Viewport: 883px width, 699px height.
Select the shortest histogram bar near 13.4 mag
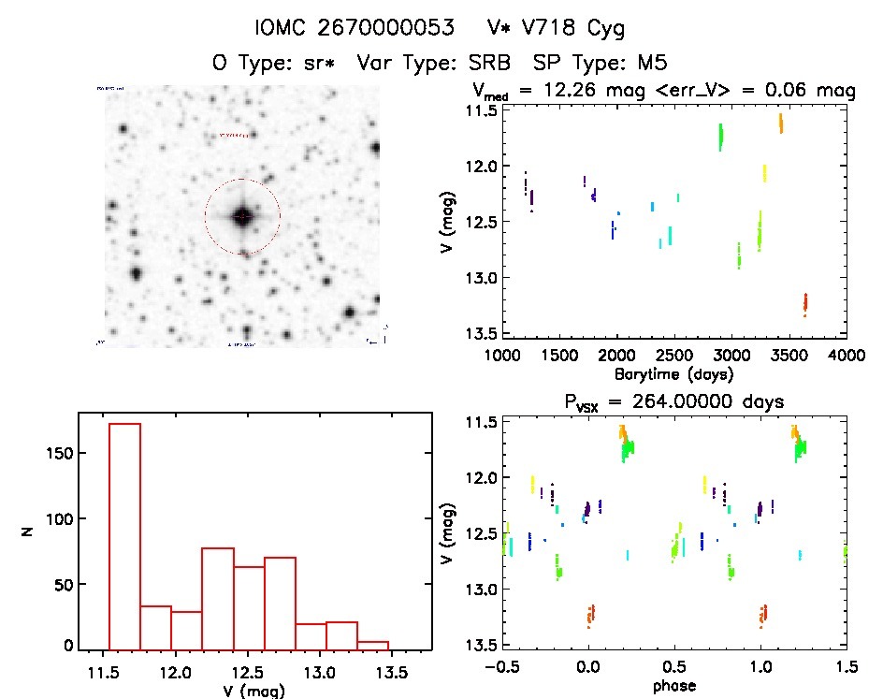click(373, 644)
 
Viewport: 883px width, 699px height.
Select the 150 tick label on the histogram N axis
click(55, 454)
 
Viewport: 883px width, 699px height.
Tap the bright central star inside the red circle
click(242, 216)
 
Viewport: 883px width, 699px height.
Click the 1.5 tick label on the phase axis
click(846, 668)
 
